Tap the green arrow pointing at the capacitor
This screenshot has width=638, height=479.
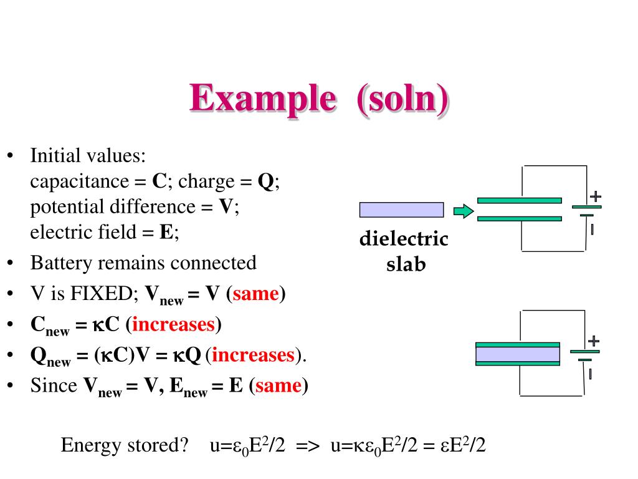point(463,211)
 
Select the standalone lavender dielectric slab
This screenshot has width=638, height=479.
point(401,210)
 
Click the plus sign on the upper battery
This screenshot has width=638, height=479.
point(596,196)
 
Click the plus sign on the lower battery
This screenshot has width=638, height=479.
point(593,341)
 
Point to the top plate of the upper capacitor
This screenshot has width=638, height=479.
point(519,200)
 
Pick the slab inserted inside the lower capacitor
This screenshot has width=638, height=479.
point(517,354)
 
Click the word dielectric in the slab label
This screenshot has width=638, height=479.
point(404,239)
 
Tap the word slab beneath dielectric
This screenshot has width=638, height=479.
point(406,264)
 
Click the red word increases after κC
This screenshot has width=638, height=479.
point(173,324)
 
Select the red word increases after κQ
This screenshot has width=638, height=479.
point(252,355)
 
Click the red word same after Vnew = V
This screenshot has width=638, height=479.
point(255,294)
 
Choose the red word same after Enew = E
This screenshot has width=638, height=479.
point(278,385)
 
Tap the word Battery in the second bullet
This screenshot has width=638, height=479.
point(55,263)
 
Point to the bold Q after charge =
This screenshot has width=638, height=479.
point(266,181)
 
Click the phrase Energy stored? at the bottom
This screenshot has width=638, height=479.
point(125,445)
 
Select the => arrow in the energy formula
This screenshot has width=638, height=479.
point(308,446)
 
